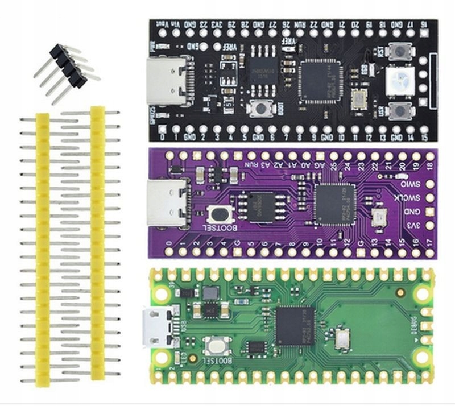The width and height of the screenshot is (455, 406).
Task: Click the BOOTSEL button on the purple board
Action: coord(220,214)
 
